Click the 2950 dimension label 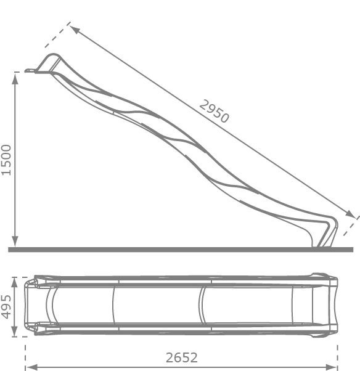point(214,112)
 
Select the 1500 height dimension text point(6,160)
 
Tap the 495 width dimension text point(6,307)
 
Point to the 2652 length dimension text point(181,357)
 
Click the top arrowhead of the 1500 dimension point(15,78)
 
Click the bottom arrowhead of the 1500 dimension point(15,242)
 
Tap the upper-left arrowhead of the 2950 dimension point(75,30)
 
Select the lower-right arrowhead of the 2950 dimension point(350,213)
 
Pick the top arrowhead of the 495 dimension point(14,283)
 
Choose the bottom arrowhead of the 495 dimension point(14,331)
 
